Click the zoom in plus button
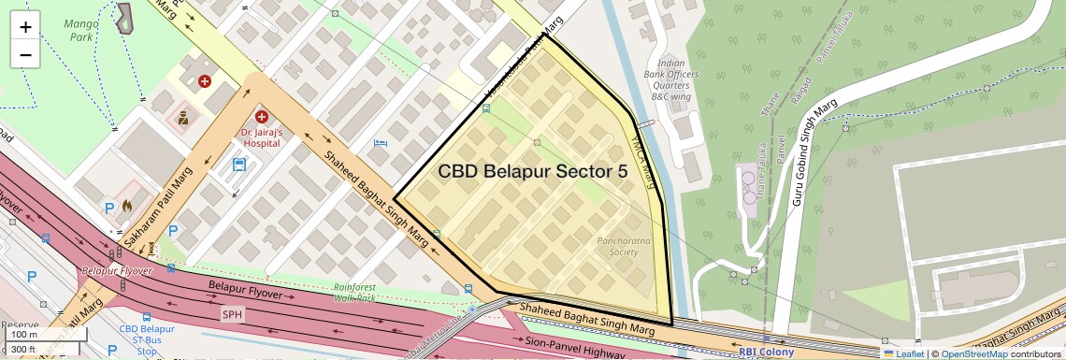pos(25,27)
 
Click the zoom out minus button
pos(25,55)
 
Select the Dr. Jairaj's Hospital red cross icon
pos(262,117)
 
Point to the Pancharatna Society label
pos(616,246)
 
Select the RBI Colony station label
pos(767,353)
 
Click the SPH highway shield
pos(232,314)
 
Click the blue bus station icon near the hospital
pos(239,166)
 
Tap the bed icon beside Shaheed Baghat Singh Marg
pos(379,143)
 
